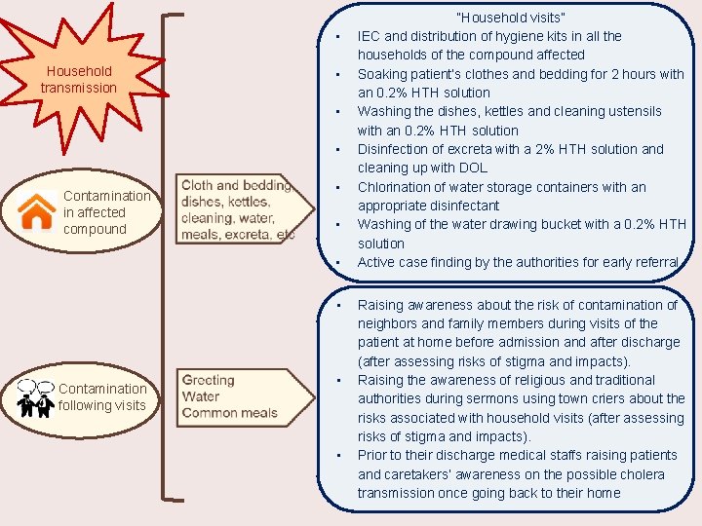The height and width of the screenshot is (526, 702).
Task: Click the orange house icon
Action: pos(37,211)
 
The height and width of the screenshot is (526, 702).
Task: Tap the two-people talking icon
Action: pos(35,396)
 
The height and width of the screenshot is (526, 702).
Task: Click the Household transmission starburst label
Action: pos(78,79)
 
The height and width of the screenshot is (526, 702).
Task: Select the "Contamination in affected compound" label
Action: pos(106,212)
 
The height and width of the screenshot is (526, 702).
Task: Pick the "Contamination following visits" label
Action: pos(102,396)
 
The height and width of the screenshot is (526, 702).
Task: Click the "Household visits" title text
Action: pos(511,18)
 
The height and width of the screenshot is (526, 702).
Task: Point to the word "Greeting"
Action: pos(208,380)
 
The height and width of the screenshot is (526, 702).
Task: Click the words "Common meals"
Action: pos(229,413)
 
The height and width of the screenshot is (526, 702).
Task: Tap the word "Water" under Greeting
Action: pos(201,396)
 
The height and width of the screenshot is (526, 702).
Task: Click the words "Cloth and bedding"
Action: pos(236,185)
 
